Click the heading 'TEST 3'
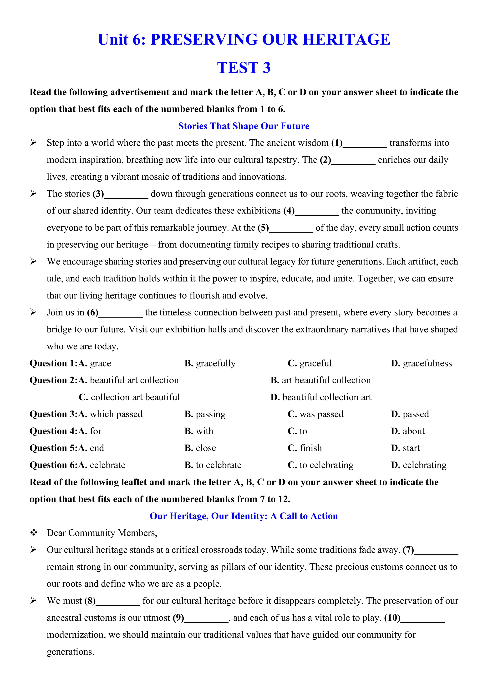[244, 68]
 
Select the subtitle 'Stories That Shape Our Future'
[244, 126]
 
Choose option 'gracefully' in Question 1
[215, 363]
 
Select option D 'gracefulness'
[427, 363]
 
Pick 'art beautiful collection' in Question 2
[326, 380]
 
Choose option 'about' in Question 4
[413, 431]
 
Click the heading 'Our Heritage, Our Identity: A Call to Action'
[244, 516]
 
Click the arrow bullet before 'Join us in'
[33, 312]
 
